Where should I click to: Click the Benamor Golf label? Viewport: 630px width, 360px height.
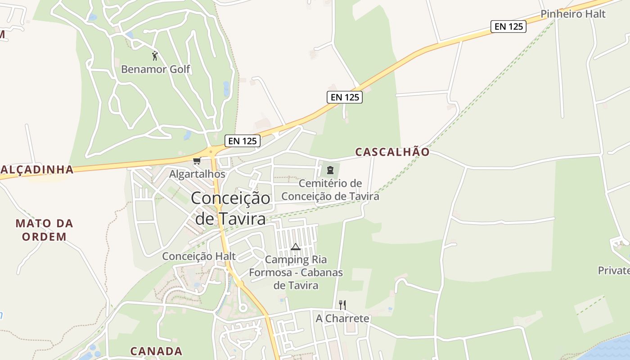click(x=156, y=69)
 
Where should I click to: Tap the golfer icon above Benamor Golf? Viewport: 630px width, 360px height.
click(x=155, y=56)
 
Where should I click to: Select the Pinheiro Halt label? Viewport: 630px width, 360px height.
click(x=573, y=14)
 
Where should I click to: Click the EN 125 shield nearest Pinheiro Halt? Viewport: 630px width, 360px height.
click(x=508, y=27)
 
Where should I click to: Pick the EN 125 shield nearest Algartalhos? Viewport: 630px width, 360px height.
click(x=243, y=141)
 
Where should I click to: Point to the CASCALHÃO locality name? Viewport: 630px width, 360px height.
click(x=392, y=152)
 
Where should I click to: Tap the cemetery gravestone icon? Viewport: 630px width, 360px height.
click(x=330, y=170)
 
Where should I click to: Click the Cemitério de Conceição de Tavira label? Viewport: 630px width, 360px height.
click(x=330, y=190)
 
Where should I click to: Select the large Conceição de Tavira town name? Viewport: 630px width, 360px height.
click(x=230, y=208)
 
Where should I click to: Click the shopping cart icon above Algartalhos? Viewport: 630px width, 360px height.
click(x=197, y=161)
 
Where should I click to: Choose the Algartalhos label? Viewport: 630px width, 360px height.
click(x=197, y=174)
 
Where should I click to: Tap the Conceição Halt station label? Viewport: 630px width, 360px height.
click(x=199, y=256)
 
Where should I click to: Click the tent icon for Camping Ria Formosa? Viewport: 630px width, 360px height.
click(x=295, y=247)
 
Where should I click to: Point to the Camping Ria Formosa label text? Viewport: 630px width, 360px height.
click(x=296, y=272)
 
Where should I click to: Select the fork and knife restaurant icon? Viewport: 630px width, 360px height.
click(x=342, y=305)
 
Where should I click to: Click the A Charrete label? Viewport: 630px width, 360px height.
click(x=342, y=319)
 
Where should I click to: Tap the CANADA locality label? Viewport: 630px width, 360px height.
click(x=156, y=351)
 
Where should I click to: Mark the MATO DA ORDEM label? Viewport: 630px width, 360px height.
click(x=44, y=229)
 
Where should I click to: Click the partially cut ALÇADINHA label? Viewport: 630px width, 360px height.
click(x=37, y=169)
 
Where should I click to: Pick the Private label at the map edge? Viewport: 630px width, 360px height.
click(x=614, y=270)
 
